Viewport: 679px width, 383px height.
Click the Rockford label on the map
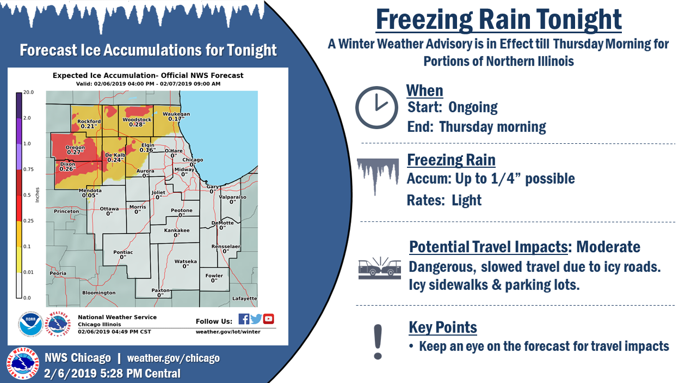click(89, 121)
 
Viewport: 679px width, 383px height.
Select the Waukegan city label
click(176, 114)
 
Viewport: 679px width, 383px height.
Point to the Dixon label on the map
click(67, 164)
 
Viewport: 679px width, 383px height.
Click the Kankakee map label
click(177, 230)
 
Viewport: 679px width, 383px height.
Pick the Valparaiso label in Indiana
click(232, 197)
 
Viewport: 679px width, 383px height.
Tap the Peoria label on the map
click(58, 273)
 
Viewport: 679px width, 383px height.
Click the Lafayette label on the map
click(245, 299)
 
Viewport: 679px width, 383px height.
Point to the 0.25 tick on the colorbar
click(28, 221)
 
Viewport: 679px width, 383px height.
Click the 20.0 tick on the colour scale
click(28, 92)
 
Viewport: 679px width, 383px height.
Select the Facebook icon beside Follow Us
click(244, 319)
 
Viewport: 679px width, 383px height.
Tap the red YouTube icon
click(269, 319)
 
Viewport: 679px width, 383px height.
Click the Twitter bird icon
click(256, 319)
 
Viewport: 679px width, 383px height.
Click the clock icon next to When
click(377, 107)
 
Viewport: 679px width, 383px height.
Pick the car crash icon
click(380, 268)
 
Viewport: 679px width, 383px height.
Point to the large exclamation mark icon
click(378, 342)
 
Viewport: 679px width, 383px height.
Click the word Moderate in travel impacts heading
click(608, 246)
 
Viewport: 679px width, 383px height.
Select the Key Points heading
click(443, 327)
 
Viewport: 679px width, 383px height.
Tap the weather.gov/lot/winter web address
click(228, 332)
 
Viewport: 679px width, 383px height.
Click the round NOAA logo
click(30, 324)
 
